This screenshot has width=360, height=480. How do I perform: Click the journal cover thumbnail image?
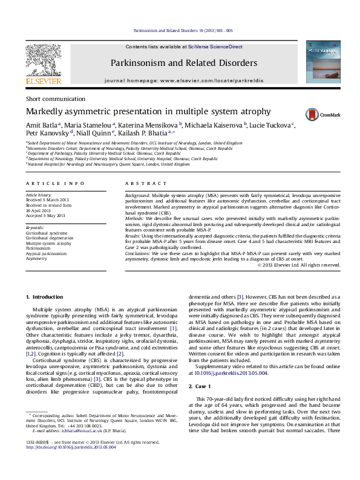click(x=321, y=63)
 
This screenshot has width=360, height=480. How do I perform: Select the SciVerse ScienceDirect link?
click(x=215, y=47)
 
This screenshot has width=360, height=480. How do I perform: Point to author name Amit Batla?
click(x=41, y=125)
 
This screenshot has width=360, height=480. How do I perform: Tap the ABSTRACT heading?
click(x=141, y=183)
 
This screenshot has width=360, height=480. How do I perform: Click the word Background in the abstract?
click(x=137, y=196)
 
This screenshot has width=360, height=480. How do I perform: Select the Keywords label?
click(x=36, y=227)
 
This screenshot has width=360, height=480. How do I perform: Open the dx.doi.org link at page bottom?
click(x=57, y=464)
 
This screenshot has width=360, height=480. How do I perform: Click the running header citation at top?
click(x=182, y=31)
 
